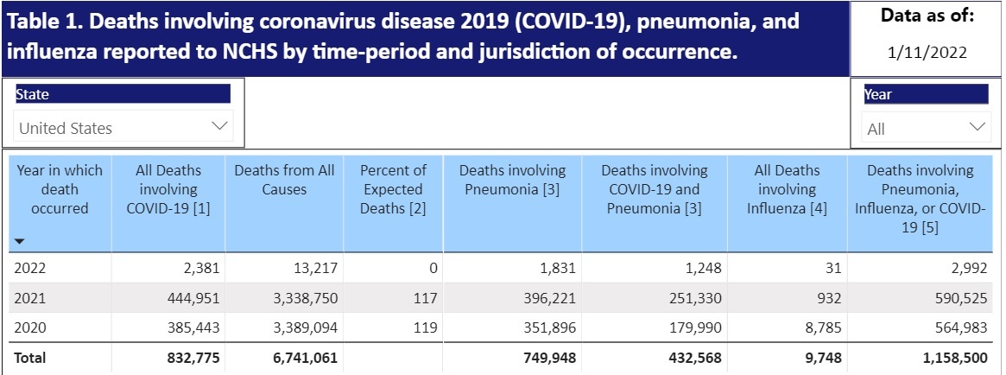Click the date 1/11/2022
[x=927, y=52]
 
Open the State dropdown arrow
[x=220, y=127]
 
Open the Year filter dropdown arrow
[x=978, y=128]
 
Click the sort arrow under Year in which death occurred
[x=20, y=242]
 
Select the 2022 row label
[x=29, y=268]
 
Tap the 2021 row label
[x=29, y=297]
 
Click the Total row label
[x=30, y=357]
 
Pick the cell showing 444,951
[x=191, y=297]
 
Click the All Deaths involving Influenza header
[x=787, y=189]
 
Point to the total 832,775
[x=191, y=357]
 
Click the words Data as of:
[x=927, y=15]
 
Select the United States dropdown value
[x=66, y=128]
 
